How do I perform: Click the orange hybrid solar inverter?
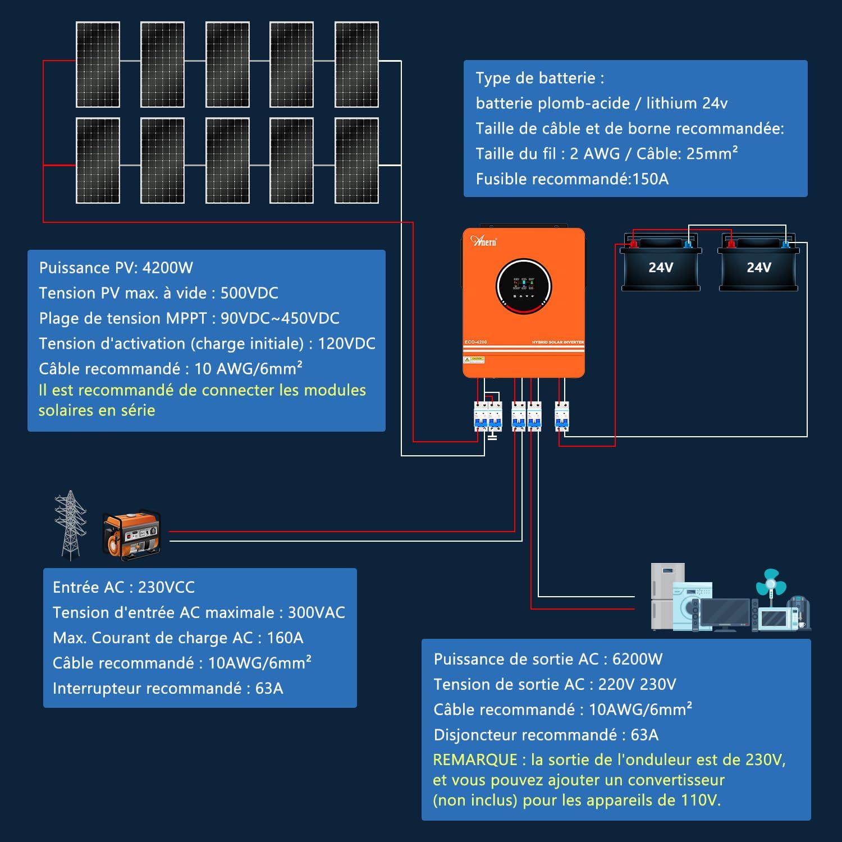coord(523,303)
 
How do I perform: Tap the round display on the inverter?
coord(524,286)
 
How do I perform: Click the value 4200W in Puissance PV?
coord(167,268)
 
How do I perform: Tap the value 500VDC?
coord(249,293)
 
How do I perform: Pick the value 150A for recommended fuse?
coord(650,179)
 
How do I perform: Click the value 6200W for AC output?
coord(637,659)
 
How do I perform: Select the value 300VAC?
coord(316,612)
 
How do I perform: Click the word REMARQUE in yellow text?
coord(475,760)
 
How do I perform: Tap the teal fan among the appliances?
coord(771,584)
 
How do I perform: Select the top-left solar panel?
coord(98,65)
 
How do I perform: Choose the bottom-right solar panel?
coord(356,161)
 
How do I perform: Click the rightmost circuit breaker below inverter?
coord(561,417)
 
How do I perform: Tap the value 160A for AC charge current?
coord(285,638)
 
